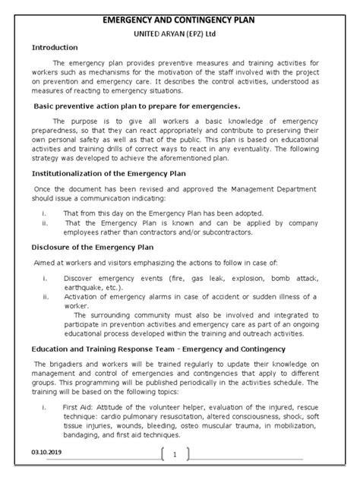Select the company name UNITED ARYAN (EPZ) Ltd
pos(180,24)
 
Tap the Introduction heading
pos(55,47)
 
